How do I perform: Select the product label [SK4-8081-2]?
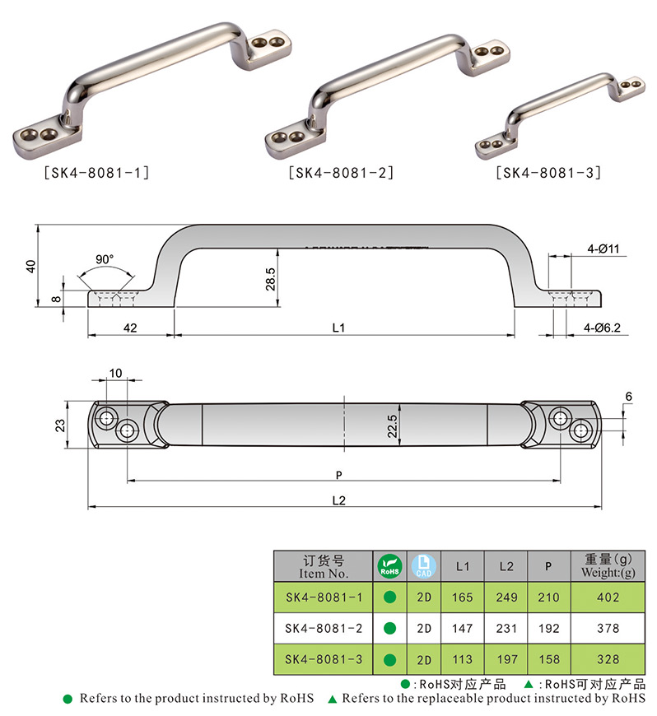pos(341,173)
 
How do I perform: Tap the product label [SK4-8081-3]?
pos(548,173)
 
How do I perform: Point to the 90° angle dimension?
pos(104,259)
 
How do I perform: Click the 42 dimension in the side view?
pos(130,328)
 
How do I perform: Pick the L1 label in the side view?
pos(338,328)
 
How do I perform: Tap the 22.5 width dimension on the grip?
pos(394,426)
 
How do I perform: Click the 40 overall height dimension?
pos(31,267)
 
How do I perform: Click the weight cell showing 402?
pos(608,597)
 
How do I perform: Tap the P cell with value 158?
pos(549,659)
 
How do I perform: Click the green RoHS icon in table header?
pos(389,566)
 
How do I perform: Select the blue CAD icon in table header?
pos(424,566)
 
